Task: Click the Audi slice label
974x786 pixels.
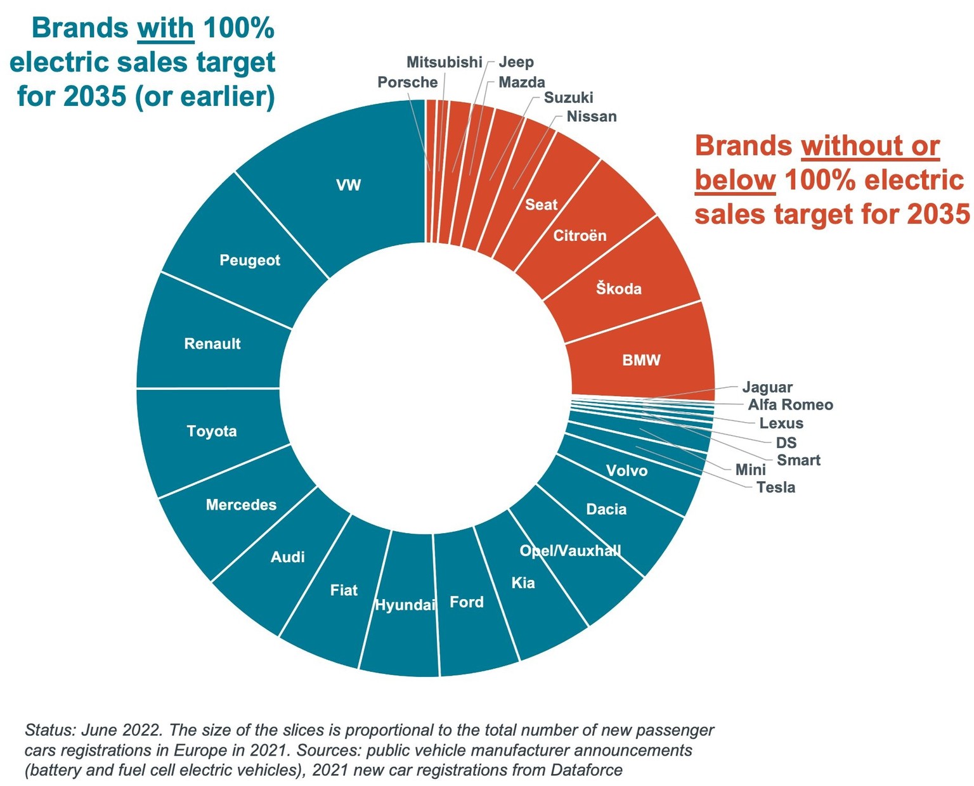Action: pyautogui.click(x=288, y=557)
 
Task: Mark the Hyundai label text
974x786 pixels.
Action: pyautogui.click(x=405, y=605)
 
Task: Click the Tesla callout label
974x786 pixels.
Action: pyautogui.click(x=776, y=487)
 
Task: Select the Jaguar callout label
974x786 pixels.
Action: pyautogui.click(x=767, y=387)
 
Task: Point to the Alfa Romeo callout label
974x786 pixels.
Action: pyautogui.click(x=790, y=405)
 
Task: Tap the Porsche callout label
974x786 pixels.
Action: pyautogui.click(x=407, y=82)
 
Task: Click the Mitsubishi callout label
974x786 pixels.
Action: pyautogui.click(x=444, y=62)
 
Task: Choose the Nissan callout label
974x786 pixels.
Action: pyautogui.click(x=591, y=117)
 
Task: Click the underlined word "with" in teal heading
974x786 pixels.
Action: pyautogui.click(x=166, y=29)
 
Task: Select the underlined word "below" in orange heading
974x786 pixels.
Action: pyautogui.click(x=735, y=181)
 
